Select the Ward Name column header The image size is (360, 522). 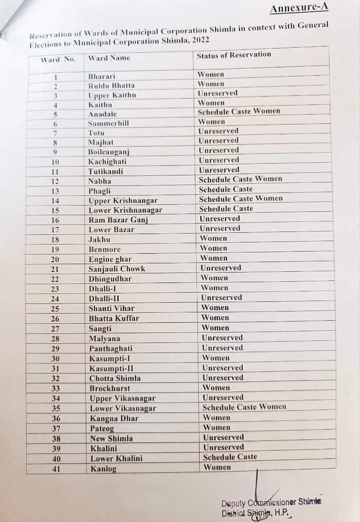109,58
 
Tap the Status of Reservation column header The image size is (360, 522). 233,55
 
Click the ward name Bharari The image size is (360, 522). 101,77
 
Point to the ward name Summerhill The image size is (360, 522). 108,123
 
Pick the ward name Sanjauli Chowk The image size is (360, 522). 117,269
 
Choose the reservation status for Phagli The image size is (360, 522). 225,189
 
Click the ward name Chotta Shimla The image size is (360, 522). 115,378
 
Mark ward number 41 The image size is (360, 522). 56,469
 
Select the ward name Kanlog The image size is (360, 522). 103,469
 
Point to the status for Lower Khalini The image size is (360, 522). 230,457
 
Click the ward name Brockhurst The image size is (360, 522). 110,388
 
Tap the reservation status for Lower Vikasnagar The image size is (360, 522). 244,407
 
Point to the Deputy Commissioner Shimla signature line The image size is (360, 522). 271,502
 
